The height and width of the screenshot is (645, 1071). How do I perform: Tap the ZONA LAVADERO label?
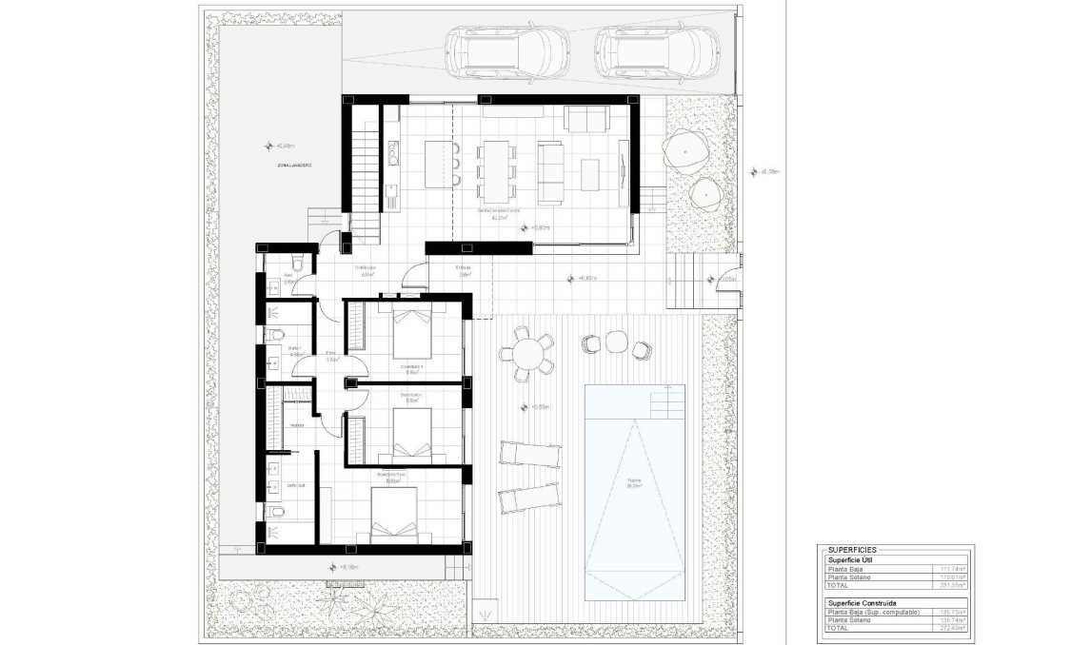[296, 166]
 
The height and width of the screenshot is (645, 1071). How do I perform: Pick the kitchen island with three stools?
[439, 165]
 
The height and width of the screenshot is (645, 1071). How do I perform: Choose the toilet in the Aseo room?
[298, 264]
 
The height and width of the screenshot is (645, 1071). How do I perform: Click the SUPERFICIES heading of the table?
[852, 550]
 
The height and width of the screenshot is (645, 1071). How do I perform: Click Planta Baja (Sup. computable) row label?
[874, 613]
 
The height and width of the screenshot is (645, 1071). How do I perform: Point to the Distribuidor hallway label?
[366, 268]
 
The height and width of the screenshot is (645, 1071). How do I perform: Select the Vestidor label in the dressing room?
[297, 425]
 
